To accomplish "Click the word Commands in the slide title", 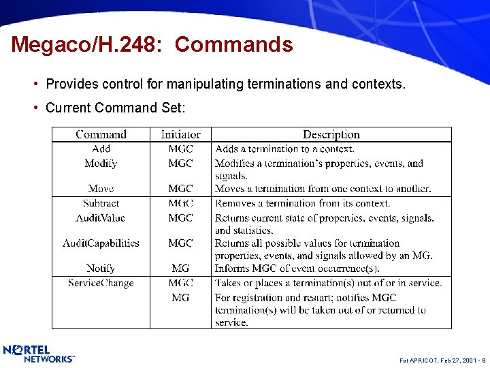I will tap(233, 45).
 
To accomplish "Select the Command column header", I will tap(101, 134).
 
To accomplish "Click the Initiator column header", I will tap(180, 134).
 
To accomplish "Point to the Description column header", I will tap(331, 134).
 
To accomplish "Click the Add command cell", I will tap(101, 149).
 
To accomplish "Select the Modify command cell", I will tap(101, 164).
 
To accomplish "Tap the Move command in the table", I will tap(101, 189).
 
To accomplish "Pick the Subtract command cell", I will tap(101, 203).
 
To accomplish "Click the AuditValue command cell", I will tap(101, 218).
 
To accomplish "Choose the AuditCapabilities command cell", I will tap(101, 243).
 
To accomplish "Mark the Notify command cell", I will tap(101, 269).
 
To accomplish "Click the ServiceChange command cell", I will tap(101, 283).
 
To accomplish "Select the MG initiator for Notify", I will tap(180, 269).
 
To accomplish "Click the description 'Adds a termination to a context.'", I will tap(284, 149).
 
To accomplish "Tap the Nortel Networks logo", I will tap(39, 354).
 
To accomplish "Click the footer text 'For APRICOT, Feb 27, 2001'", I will tap(434, 357).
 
